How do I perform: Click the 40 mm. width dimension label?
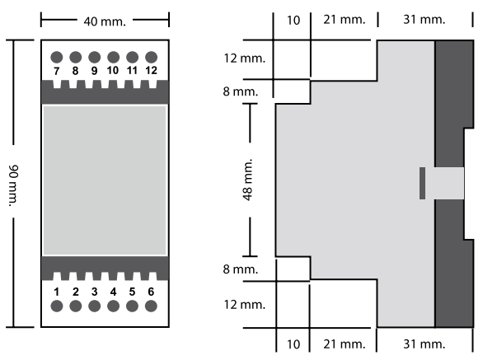click(105, 21)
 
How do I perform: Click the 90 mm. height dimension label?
click(13, 185)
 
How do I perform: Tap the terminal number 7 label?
click(56, 71)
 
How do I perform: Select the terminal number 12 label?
click(151, 70)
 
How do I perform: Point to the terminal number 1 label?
click(56, 292)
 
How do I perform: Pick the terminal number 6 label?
click(151, 292)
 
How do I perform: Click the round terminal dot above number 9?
click(95, 58)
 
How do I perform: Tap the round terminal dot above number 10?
click(114, 58)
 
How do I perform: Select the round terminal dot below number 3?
click(94, 306)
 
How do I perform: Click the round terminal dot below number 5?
click(132, 306)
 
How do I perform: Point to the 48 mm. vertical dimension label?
click(247, 180)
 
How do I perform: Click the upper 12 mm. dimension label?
click(245, 58)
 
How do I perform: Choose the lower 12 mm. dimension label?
click(245, 305)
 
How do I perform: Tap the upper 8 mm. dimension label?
click(241, 91)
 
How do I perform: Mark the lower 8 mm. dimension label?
click(241, 269)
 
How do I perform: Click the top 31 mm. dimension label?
click(424, 20)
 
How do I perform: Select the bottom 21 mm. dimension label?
click(345, 344)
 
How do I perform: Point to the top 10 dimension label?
click(293, 21)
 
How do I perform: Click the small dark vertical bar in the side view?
click(422, 183)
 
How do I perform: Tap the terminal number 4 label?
click(114, 292)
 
